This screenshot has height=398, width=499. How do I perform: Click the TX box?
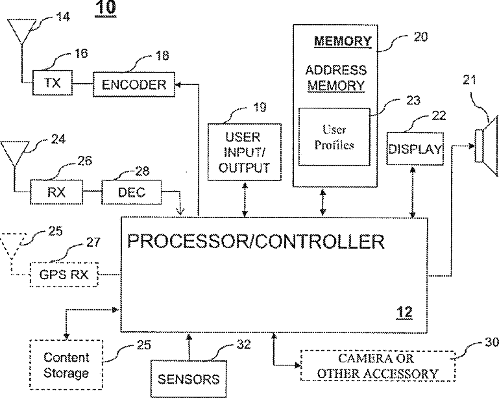click(x=51, y=83)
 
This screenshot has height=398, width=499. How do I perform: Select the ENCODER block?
click(x=134, y=84)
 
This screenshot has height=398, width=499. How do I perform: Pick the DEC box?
click(x=132, y=192)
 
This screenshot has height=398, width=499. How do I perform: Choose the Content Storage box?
click(x=66, y=365)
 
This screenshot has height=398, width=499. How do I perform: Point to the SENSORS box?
click(x=189, y=378)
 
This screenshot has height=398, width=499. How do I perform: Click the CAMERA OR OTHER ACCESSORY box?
click(x=378, y=366)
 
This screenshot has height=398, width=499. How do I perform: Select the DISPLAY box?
click(x=415, y=149)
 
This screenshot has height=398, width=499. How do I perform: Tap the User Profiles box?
click(x=334, y=138)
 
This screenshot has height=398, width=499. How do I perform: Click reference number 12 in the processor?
click(x=404, y=312)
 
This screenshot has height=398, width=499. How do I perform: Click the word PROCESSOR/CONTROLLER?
click(x=256, y=242)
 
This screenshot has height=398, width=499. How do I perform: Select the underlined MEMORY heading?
click(x=343, y=42)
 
